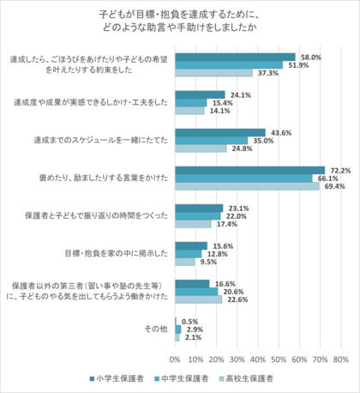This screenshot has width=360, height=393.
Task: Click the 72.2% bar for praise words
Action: click(249, 169)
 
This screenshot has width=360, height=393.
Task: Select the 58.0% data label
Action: click(310, 57)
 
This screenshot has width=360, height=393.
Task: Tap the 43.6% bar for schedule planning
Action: click(219, 132)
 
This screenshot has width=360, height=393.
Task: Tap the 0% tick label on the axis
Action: click(175, 358)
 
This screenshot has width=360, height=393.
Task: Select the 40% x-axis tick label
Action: click(257, 358)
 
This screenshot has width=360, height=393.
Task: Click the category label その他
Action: click(154, 328)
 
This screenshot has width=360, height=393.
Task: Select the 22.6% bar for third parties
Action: click(198, 299)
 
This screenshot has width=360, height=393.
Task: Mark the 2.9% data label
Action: click(194, 329)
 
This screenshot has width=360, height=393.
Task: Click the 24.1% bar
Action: click(200, 94)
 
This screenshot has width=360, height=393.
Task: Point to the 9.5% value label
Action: click(208, 262)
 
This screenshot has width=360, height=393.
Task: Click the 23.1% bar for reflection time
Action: click(199, 207)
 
